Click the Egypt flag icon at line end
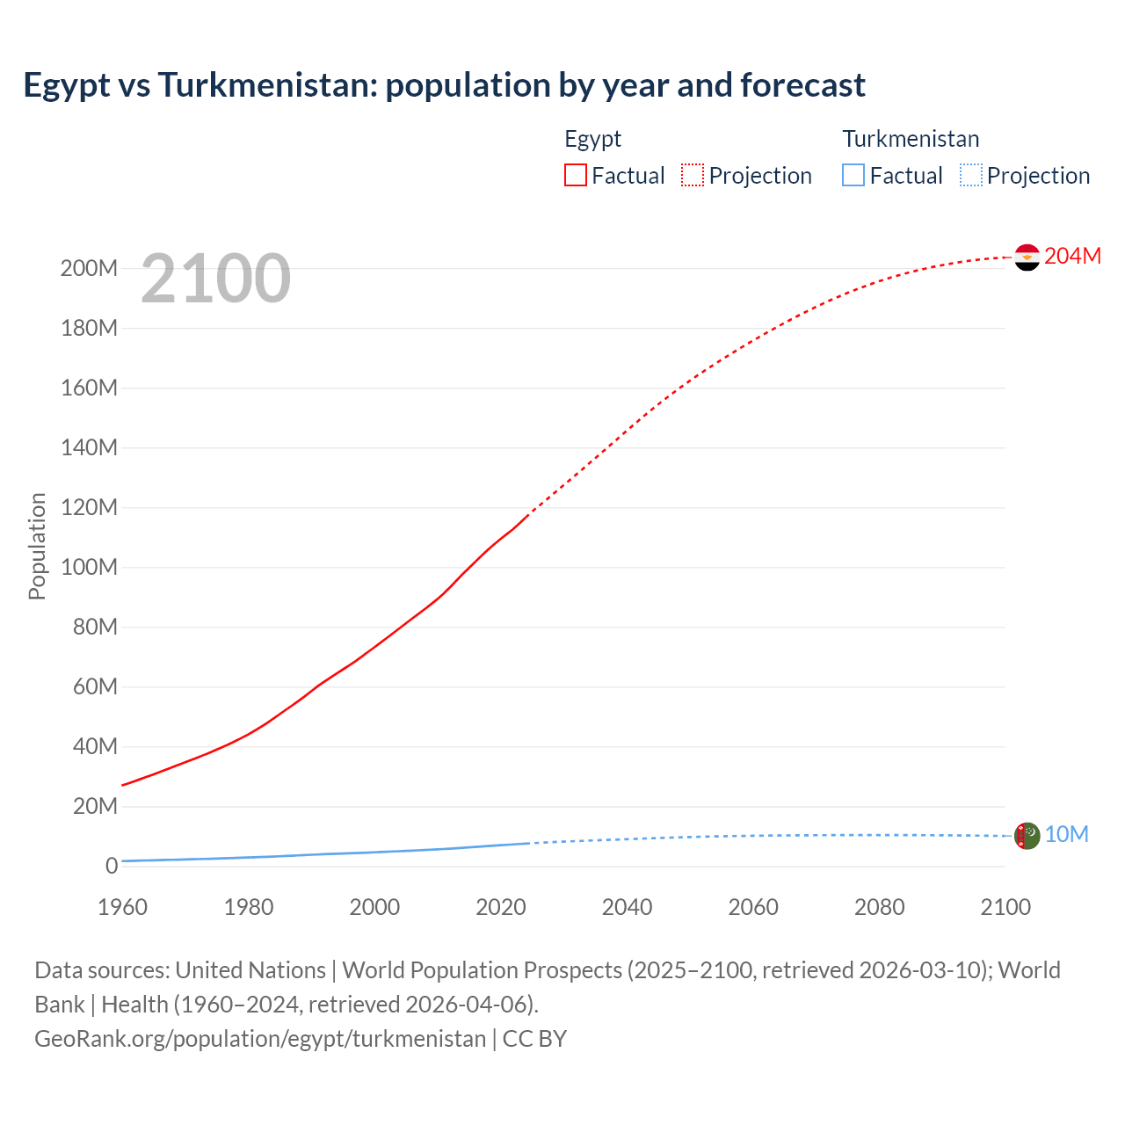click(1027, 258)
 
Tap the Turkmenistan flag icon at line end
click(1027, 836)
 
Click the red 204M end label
click(1072, 256)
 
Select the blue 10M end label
click(1066, 834)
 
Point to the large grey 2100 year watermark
click(215, 279)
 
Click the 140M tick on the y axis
click(89, 447)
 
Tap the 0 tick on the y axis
click(112, 866)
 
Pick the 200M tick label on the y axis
click(89, 268)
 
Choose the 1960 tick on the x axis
click(122, 907)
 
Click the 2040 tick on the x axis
click(627, 907)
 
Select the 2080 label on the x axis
click(879, 907)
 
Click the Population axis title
click(37, 546)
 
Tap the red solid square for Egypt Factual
click(575, 175)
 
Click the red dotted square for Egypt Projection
click(693, 175)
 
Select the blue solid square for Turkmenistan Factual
click(853, 175)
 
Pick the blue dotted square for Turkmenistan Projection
click(971, 175)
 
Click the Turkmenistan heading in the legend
click(911, 139)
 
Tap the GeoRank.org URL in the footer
click(260, 1039)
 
